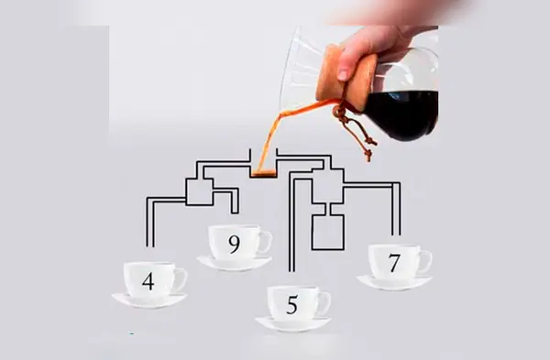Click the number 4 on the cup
point(148,281)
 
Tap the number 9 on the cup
point(235,245)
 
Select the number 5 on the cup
point(292,305)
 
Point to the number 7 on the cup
point(394,263)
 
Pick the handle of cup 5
point(326,302)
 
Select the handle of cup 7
point(427,261)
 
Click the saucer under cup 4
point(149,301)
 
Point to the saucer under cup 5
point(293,324)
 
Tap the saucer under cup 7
point(394,283)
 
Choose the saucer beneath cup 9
point(234,264)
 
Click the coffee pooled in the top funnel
point(264,172)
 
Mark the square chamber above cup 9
point(199,191)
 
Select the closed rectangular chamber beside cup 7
point(328,232)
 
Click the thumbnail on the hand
point(343,75)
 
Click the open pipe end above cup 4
point(150,246)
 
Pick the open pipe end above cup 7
point(396,235)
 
